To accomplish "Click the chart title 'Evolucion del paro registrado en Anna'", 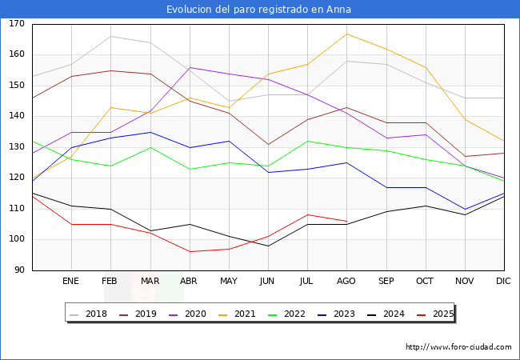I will pos(259,10).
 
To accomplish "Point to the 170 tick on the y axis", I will pos(17,24).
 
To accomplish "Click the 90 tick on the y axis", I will pos(19,270).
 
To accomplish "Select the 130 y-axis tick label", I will pos(17,147).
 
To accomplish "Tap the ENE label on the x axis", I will pos(70,282).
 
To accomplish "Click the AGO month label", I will pos(346,282).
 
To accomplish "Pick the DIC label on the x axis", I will pos(504,282).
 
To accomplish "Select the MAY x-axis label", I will pos(228,282).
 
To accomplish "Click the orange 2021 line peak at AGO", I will pos(346,34).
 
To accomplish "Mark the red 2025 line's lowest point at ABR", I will pos(189,252).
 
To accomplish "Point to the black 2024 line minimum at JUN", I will pos(268,246).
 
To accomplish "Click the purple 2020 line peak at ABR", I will pos(189,68).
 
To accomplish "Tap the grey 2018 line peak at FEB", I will pos(110,36).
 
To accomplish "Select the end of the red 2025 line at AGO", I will pos(346,221).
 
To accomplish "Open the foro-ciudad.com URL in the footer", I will pos(458,347).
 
